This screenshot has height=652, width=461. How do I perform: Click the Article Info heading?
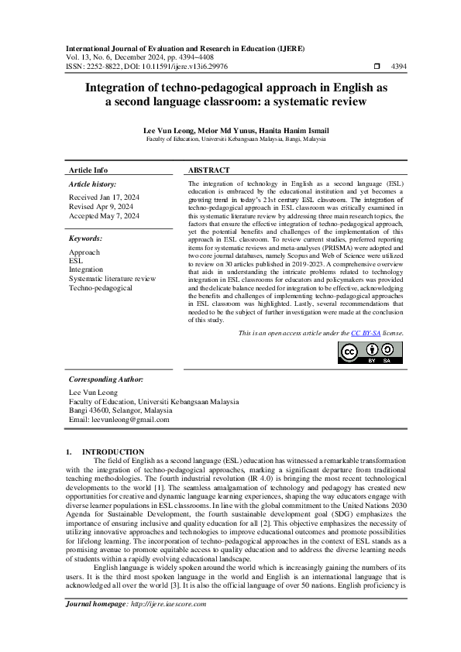pyautogui.click(x=88, y=170)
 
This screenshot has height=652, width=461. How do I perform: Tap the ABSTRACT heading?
pyautogui.click(x=209, y=170)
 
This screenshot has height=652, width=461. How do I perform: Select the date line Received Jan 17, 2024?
pyautogui.click(x=104, y=197)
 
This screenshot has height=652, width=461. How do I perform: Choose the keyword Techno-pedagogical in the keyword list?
pyautogui.click(x=101, y=287)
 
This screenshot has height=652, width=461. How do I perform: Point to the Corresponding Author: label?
pyautogui.click(x=106, y=380)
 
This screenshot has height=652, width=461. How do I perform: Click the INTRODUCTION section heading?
pyautogui.click(x=113, y=451)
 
